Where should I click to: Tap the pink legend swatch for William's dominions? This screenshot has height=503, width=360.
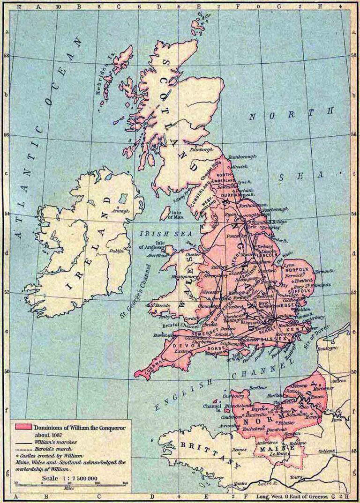pyautogui.click(x=24, y=427)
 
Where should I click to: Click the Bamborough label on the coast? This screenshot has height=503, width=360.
pyautogui.click(x=242, y=156)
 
